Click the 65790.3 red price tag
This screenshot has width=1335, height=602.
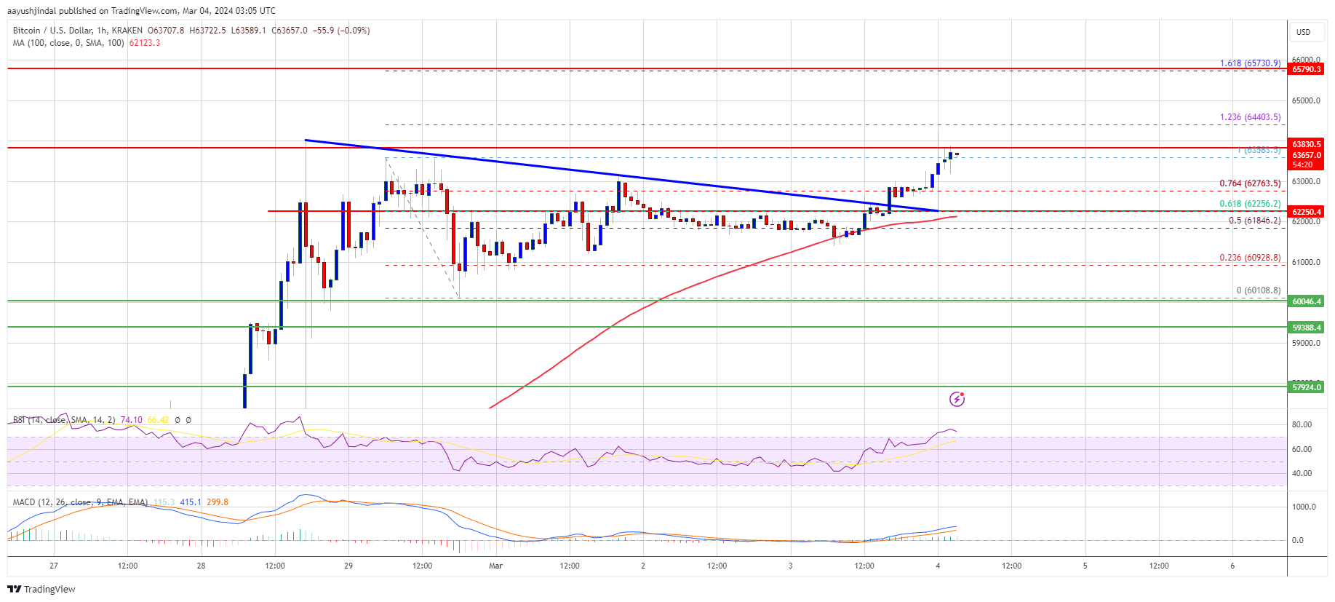(1306, 69)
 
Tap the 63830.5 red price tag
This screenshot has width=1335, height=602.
(1306, 144)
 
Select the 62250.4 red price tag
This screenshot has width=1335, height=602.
(1306, 212)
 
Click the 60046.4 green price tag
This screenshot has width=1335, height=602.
(1306, 301)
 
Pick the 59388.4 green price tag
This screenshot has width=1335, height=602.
(1306, 328)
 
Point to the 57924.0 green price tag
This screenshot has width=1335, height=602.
(1306, 387)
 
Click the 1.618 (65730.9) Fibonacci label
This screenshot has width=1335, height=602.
(1250, 63)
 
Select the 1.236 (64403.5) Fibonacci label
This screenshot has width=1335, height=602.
(1250, 117)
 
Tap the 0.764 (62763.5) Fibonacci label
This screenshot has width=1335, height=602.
(1250, 183)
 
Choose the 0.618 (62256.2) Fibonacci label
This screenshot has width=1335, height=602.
(1250, 204)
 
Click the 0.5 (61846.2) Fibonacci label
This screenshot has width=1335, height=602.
(1254, 221)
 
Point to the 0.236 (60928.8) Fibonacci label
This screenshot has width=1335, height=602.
(1250, 258)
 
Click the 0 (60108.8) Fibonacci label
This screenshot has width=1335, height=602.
(1258, 290)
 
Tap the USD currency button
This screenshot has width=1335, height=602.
(1303, 32)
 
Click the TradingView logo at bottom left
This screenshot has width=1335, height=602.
(42, 589)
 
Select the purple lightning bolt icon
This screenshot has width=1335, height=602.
(957, 399)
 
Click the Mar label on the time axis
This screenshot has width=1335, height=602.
(495, 566)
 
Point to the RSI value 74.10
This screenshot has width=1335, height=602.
(131, 420)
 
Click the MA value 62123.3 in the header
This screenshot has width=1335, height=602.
(145, 43)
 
